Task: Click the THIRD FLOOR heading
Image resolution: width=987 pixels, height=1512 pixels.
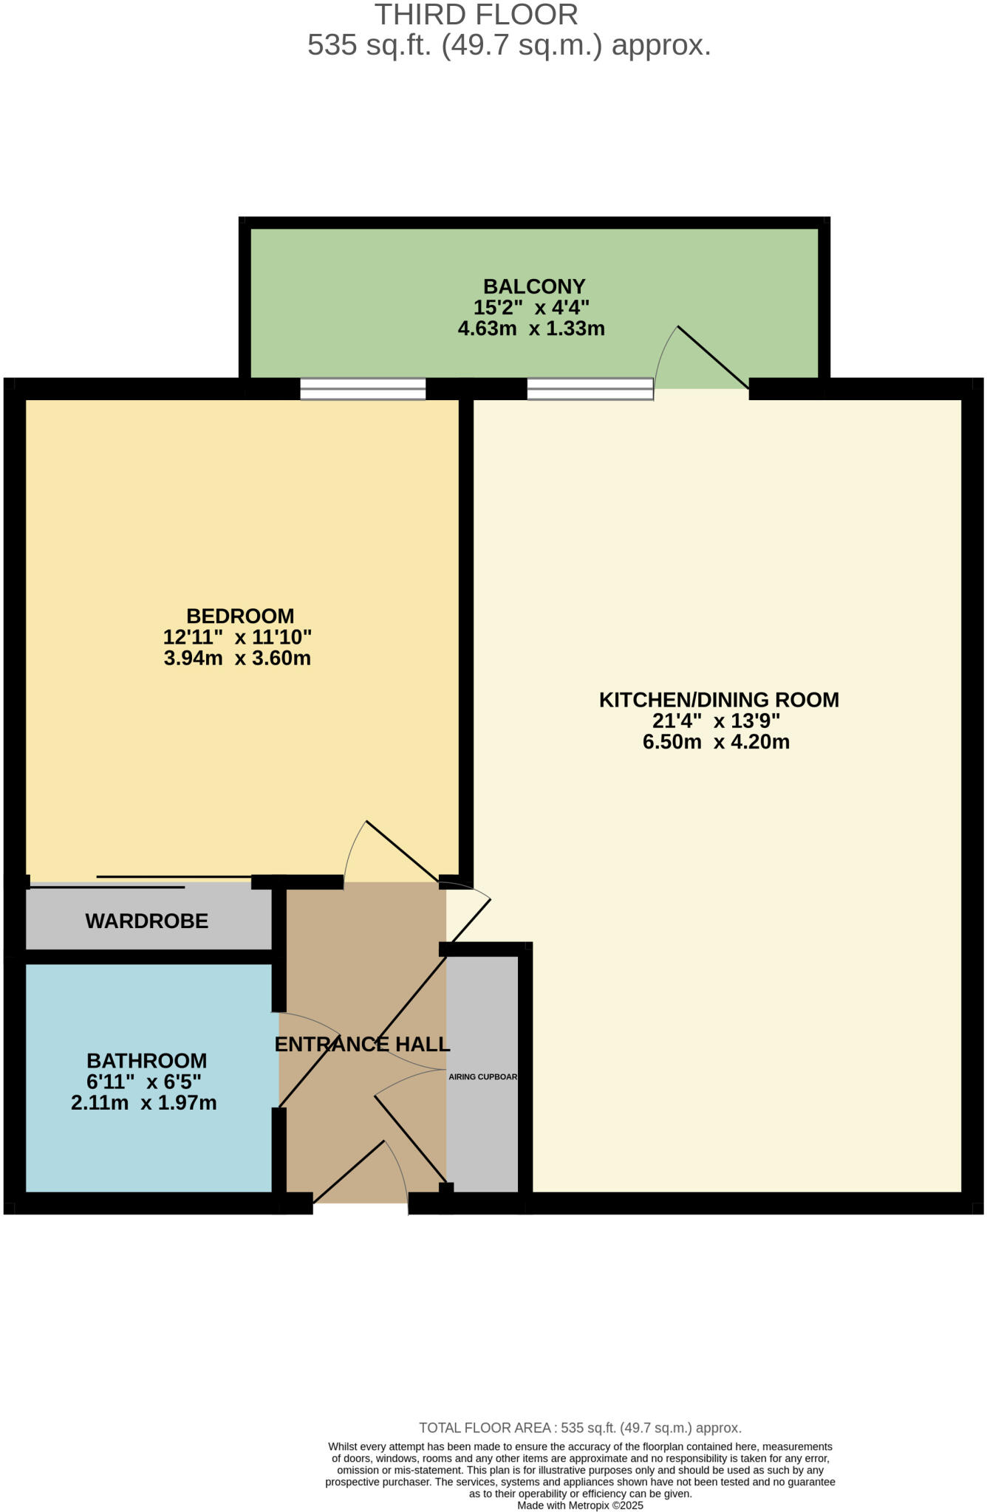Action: pos(476,16)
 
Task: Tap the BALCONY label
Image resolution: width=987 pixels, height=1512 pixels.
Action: pos(534,286)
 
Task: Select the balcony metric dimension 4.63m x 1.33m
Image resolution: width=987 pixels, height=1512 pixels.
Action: pos(531,329)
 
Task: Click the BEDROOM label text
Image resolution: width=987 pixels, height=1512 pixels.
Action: pos(240,616)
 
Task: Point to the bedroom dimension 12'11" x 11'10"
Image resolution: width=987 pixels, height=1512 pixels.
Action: pos(237,636)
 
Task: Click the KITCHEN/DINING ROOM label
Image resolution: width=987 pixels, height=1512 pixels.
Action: pos(718,699)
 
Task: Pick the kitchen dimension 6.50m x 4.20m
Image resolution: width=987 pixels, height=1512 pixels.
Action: pos(716,742)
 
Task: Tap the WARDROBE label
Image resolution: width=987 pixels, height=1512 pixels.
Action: pos(147,921)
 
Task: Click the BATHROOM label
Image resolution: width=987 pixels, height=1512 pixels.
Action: pos(147,1060)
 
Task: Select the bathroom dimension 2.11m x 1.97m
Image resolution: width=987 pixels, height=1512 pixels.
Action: pos(144,1103)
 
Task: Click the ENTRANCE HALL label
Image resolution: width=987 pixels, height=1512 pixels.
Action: pos(362,1044)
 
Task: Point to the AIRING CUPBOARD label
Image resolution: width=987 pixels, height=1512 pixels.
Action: pos(482,1076)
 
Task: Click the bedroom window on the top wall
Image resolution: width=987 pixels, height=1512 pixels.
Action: pos(363,388)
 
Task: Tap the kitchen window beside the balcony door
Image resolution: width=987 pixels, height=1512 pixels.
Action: pos(590,388)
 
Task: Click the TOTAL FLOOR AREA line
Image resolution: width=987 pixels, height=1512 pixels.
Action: pos(580,1428)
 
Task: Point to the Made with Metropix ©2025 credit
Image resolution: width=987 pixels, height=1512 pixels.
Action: pos(580,1505)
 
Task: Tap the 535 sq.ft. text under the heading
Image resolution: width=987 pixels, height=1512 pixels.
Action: pos(369,46)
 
